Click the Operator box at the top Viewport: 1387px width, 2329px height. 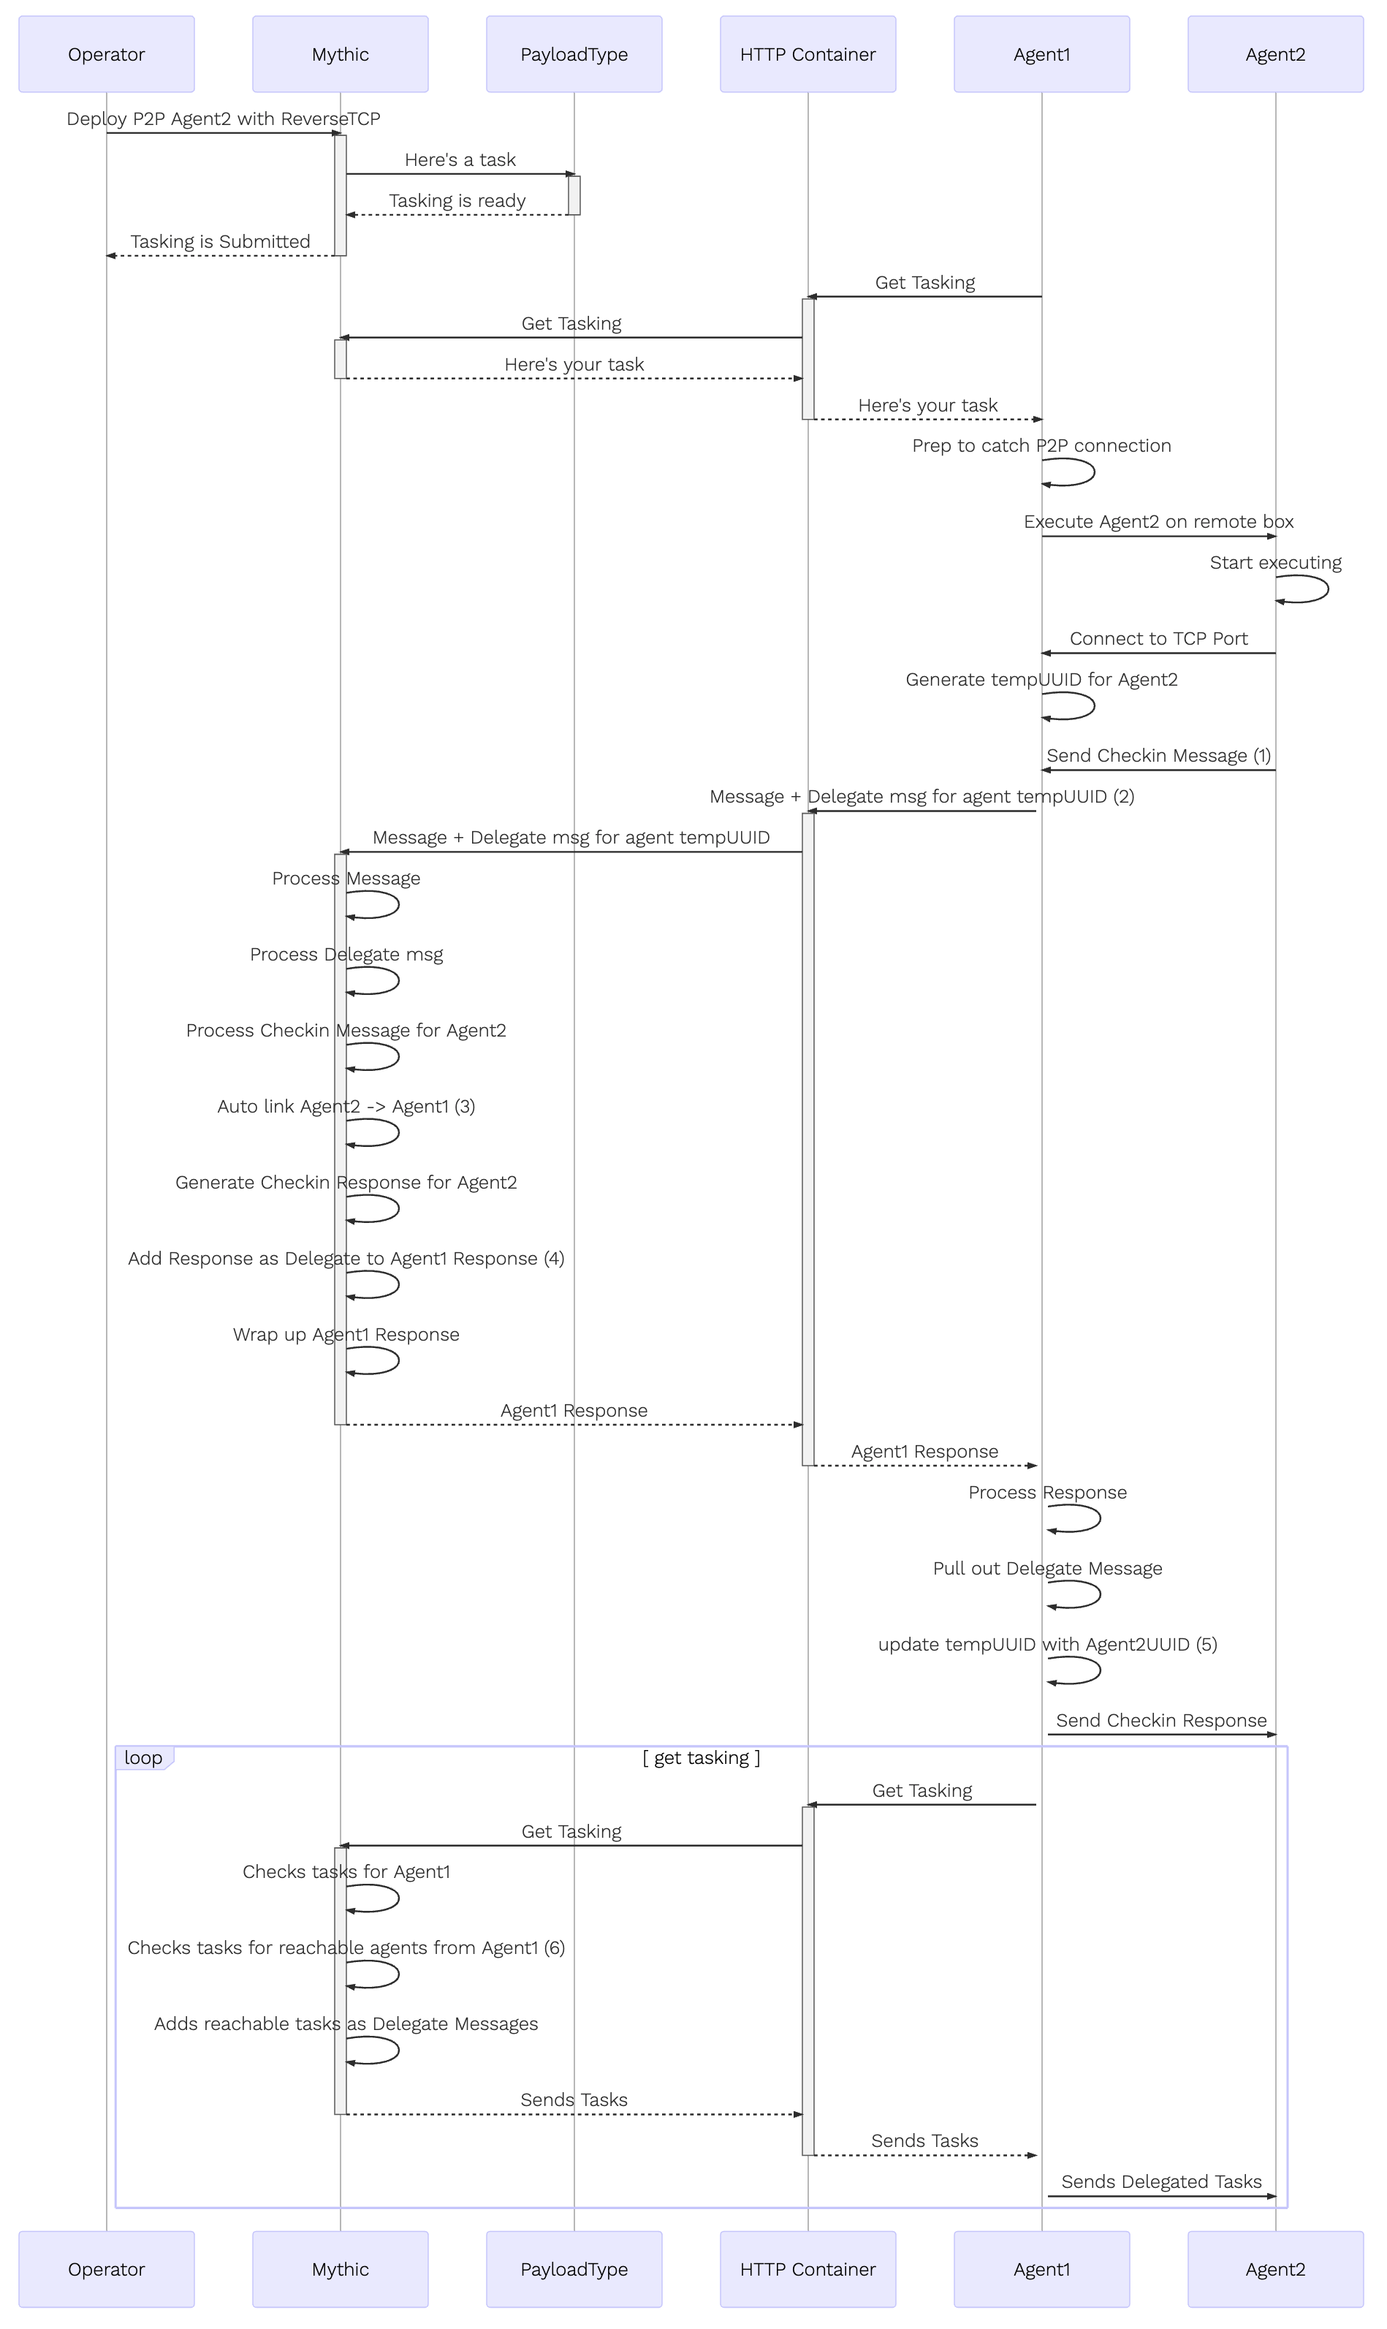[107, 54]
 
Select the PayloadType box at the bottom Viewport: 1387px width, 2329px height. [574, 2269]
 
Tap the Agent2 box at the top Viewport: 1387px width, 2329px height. [1276, 54]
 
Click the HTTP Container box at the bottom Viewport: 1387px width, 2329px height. [807, 2269]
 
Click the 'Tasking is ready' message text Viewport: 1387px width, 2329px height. [457, 201]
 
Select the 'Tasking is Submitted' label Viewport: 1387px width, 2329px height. [221, 242]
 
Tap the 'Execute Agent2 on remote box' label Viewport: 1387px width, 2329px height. [1159, 522]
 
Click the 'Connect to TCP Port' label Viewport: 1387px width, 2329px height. [1159, 639]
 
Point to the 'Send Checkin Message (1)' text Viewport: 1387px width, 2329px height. [1159, 755]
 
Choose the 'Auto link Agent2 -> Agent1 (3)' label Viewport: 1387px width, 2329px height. [346, 1107]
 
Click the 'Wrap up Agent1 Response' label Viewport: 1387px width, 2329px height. [346, 1335]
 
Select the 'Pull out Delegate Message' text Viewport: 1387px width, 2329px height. [1048, 1569]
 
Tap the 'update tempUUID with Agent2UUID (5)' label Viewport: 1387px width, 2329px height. [1048, 1645]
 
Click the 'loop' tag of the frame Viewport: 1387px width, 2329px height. [144, 1759]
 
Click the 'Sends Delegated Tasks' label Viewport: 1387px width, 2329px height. [1162, 2182]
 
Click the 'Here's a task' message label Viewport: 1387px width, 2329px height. [460, 160]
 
